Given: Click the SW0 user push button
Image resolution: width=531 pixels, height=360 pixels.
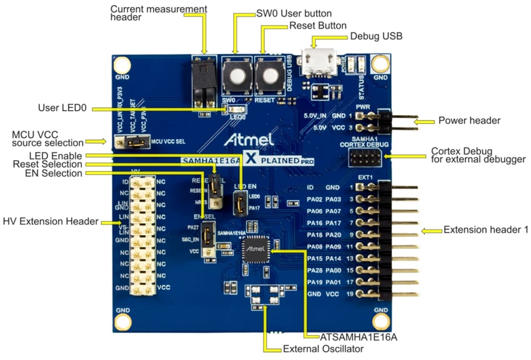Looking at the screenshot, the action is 237,77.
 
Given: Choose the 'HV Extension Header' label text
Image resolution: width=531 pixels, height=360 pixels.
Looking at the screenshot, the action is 51,221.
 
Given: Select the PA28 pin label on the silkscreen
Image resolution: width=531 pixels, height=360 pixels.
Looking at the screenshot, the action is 315,270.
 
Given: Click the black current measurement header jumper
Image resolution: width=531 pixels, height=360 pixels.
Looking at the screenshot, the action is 202,81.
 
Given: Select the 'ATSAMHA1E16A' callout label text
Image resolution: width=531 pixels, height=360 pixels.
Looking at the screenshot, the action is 352,337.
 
